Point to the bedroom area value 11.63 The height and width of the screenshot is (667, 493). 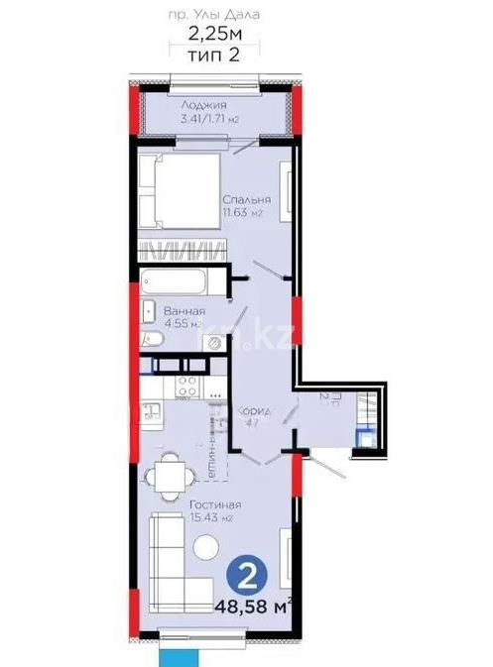(x=242, y=212)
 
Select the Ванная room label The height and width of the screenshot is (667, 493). (x=184, y=310)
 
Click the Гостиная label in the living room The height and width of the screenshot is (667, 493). (x=211, y=502)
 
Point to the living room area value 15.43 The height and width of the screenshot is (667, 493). (x=211, y=517)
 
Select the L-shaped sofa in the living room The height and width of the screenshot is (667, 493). (x=169, y=561)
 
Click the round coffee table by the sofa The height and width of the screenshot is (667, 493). (x=206, y=546)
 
